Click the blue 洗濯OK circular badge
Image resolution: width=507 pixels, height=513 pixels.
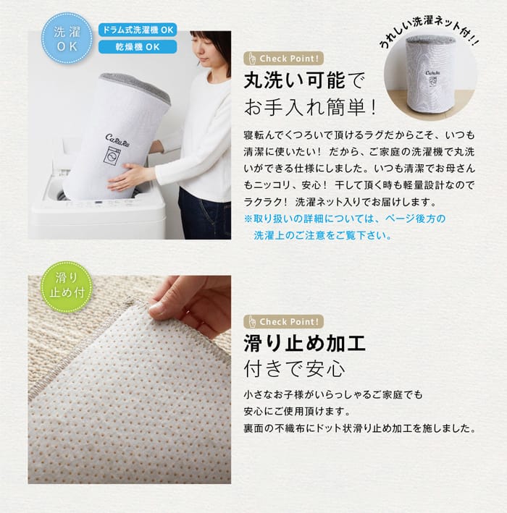[x=67, y=38]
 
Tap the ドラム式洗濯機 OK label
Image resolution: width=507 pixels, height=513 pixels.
[x=138, y=30]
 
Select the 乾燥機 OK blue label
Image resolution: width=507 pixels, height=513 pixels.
[x=138, y=47]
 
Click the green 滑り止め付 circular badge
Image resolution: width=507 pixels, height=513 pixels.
[x=67, y=287]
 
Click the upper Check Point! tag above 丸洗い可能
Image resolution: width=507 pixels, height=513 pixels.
[x=284, y=59]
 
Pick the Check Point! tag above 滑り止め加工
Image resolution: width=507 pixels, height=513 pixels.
[x=284, y=321]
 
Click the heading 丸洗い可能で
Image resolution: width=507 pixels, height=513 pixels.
[x=304, y=80]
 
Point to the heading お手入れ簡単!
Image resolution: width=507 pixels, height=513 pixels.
[x=310, y=107]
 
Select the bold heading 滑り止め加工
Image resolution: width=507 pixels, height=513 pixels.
[x=305, y=343]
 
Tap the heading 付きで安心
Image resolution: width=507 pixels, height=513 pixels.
[x=295, y=369]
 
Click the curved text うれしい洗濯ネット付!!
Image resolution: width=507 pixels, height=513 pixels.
[x=429, y=30]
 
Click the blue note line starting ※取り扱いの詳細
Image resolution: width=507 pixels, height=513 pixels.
[x=345, y=219]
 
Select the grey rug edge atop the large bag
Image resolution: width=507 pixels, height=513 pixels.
[x=135, y=85]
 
